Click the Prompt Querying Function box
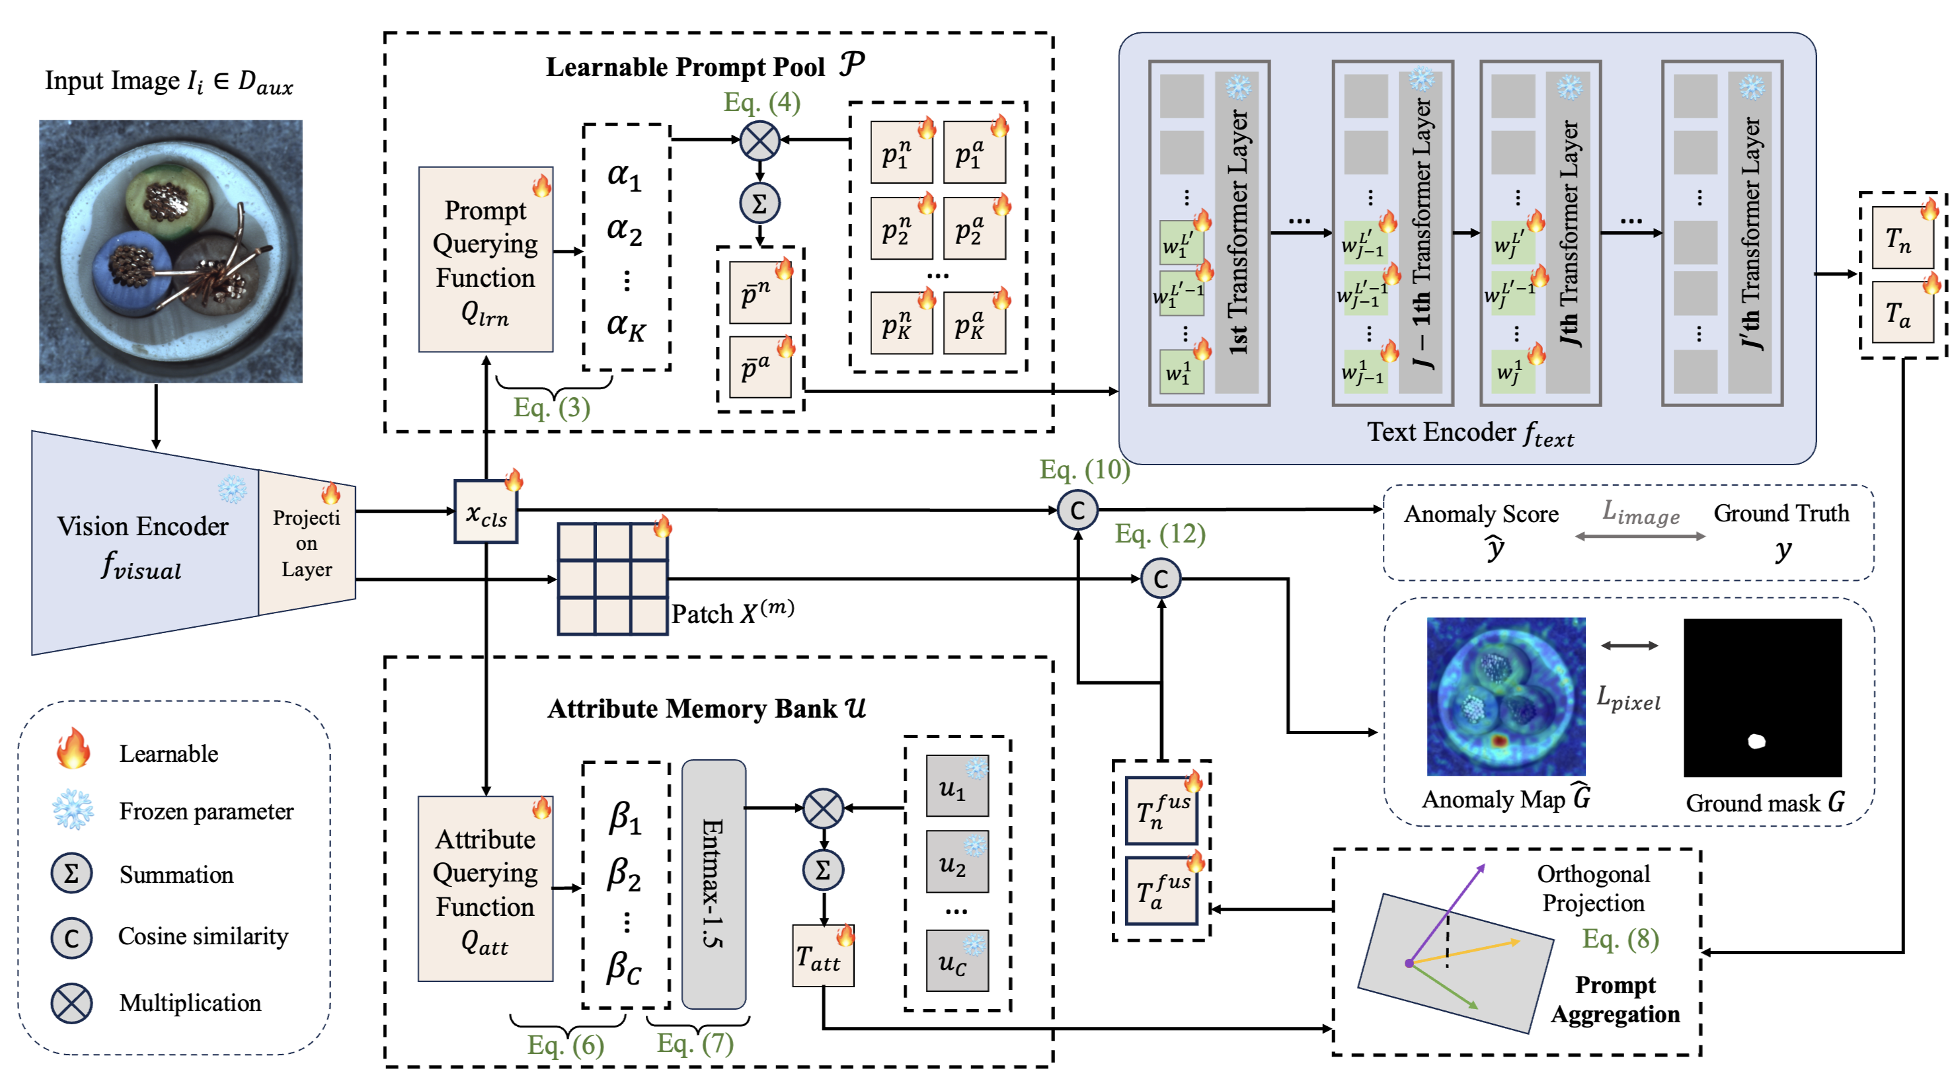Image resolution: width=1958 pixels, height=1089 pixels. point(485,259)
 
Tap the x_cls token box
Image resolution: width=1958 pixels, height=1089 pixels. point(485,512)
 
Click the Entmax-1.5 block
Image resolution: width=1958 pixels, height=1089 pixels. point(713,883)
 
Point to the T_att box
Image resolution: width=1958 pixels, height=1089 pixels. point(822,957)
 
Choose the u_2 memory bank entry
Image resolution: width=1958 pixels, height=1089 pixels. point(957,862)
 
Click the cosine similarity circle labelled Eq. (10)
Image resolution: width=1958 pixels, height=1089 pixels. point(1077,510)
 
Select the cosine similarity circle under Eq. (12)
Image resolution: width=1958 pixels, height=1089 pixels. point(1161,579)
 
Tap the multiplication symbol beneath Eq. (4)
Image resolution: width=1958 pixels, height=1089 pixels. point(760,140)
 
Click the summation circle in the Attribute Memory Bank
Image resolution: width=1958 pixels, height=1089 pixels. point(822,870)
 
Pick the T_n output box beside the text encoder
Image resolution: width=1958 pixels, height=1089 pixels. point(1901,238)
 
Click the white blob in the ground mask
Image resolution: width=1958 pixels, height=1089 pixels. point(1756,741)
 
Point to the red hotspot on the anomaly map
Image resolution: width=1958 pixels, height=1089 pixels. point(1498,741)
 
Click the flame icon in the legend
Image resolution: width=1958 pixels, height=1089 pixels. point(73,748)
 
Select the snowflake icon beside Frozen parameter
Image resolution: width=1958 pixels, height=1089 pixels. point(73,809)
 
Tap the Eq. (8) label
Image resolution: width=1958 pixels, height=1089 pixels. point(1620,938)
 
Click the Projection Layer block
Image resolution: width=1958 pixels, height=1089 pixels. point(306,543)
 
